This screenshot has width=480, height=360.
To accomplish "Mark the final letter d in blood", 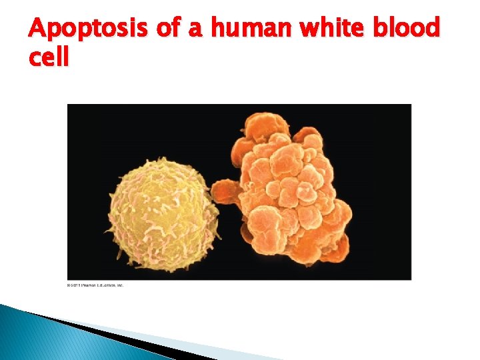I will (433, 29).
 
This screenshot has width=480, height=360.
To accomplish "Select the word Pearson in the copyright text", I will (86, 285).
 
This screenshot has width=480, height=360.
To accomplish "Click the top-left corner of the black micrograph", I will (69, 105).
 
